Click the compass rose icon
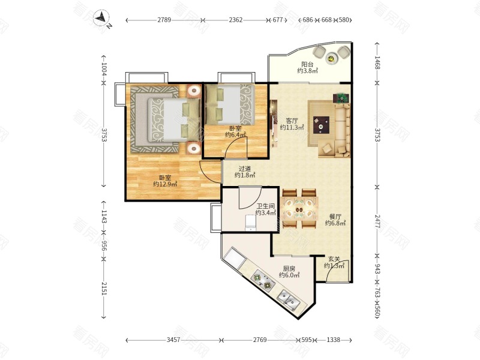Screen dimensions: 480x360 (x=102, y=19)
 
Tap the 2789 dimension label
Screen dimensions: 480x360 (x=164, y=20)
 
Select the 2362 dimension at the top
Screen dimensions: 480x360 (x=236, y=20)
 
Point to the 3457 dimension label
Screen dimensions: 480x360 (x=173, y=340)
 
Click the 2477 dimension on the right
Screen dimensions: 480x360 (x=377, y=221)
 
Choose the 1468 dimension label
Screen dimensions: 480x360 (x=377, y=63)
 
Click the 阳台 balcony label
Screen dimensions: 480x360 (x=307, y=64)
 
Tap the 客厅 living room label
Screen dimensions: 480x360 (x=292, y=121)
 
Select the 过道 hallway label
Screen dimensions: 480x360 (x=245, y=169)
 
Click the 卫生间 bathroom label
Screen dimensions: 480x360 (x=265, y=206)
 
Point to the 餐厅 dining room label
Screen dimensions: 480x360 (x=335, y=217)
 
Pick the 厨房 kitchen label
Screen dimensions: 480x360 (x=289, y=269)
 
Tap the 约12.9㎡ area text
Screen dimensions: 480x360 (x=166, y=184)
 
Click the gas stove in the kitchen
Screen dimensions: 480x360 (x=263, y=281)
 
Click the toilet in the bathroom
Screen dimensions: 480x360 (x=250, y=222)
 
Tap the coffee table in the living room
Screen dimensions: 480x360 (x=321, y=125)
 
